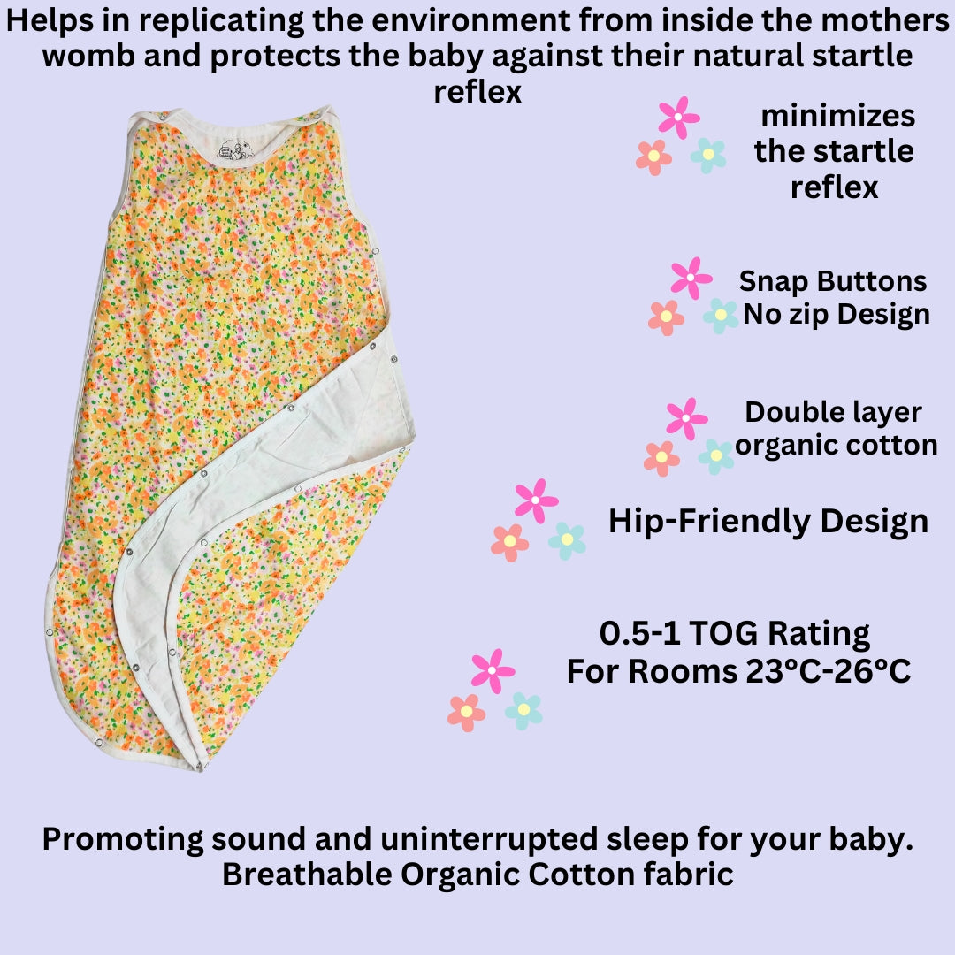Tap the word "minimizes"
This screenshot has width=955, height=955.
[837, 116]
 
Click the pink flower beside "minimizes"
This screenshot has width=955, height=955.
[678, 117]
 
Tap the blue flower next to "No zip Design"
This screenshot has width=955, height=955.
[721, 316]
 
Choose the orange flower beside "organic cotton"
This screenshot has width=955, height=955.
[661, 458]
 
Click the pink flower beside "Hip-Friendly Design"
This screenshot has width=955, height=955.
[535, 500]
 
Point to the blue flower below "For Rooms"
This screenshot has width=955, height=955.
[523, 710]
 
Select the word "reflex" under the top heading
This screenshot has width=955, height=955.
[477, 93]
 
